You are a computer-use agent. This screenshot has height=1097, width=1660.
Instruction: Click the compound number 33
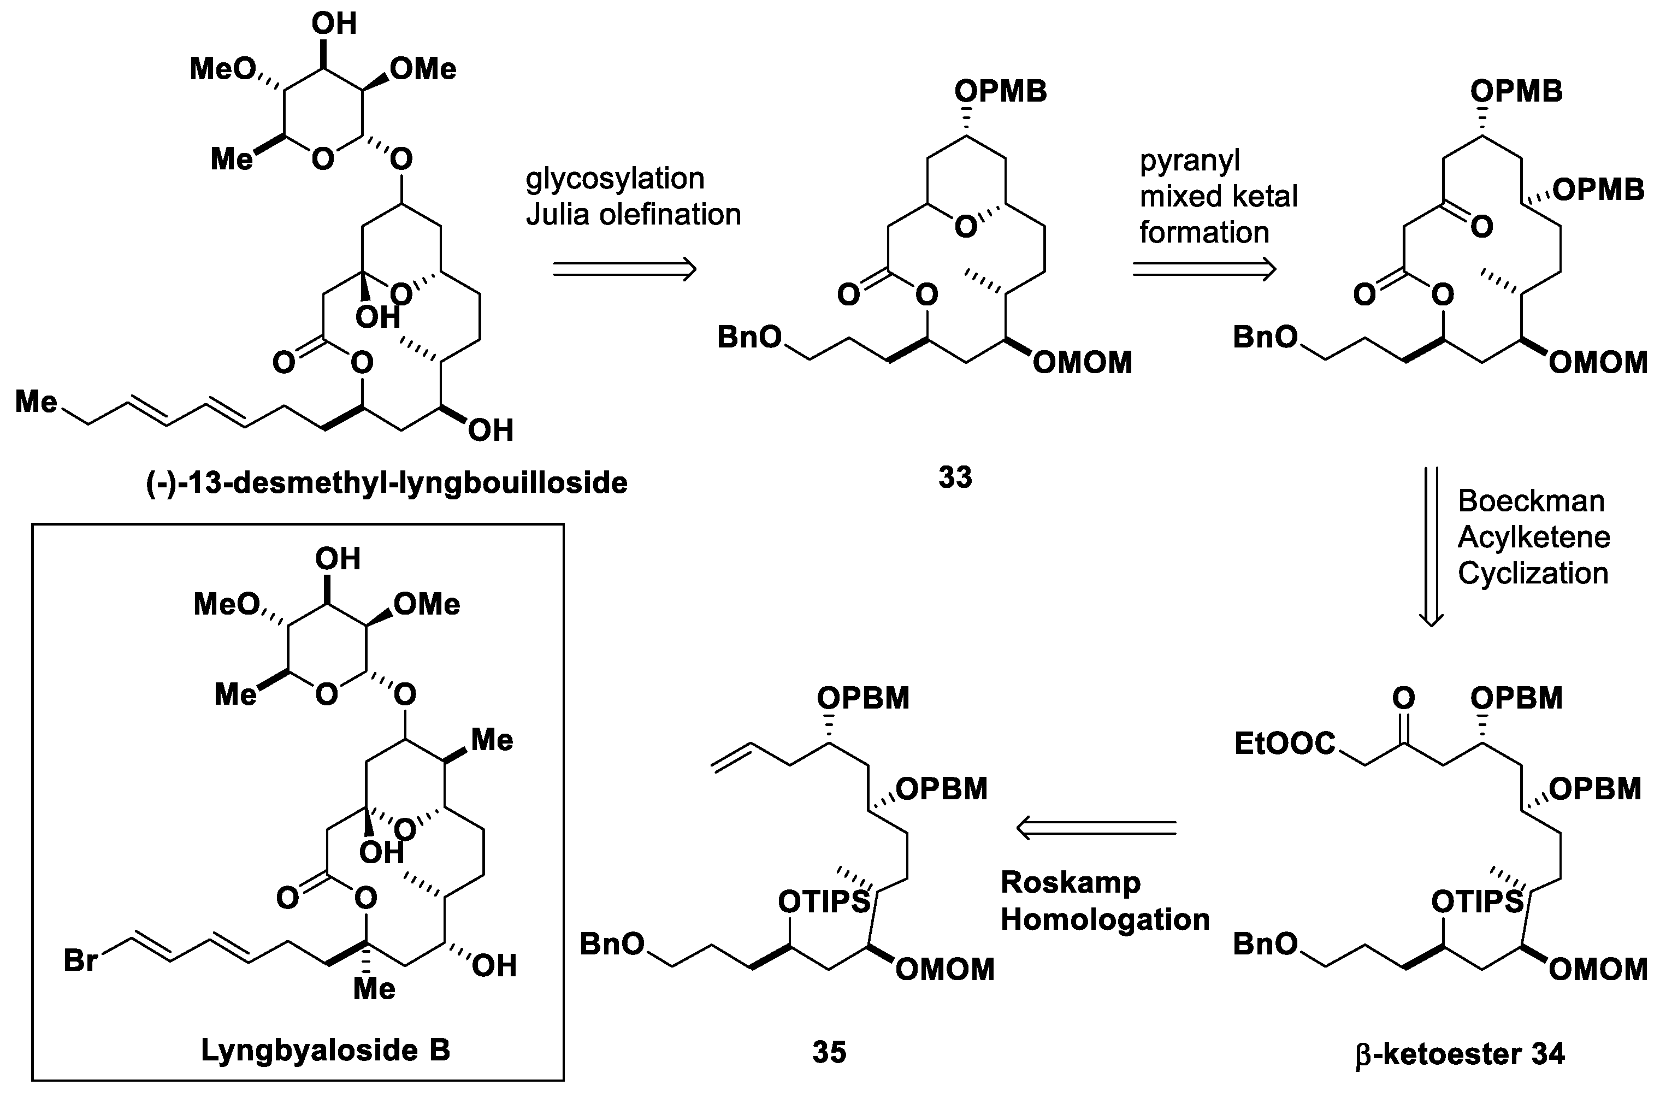tap(955, 478)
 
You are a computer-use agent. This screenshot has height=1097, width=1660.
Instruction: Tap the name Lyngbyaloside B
tap(326, 1049)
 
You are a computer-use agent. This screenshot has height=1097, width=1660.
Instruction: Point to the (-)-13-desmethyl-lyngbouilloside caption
tap(386, 483)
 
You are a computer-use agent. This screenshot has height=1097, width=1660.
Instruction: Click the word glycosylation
tap(615, 179)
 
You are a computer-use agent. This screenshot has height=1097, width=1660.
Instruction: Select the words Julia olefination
tap(633, 215)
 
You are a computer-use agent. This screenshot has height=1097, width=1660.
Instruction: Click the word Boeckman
tap(1531, 501)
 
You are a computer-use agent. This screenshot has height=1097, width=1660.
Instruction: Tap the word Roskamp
tap(1070, 882)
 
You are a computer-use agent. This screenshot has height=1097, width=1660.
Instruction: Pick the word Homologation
tap(1104, 919)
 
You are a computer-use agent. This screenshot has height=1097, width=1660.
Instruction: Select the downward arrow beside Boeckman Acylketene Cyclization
tap(1430, 546)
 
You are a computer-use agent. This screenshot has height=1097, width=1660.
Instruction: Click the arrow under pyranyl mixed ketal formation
tap(1204, 269)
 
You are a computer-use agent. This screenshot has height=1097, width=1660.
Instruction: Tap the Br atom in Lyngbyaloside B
tap(80, 960)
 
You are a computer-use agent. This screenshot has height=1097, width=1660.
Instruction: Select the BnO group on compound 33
tap(749, 338)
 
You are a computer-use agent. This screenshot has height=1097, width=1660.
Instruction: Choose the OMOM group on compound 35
tap(944, 970)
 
